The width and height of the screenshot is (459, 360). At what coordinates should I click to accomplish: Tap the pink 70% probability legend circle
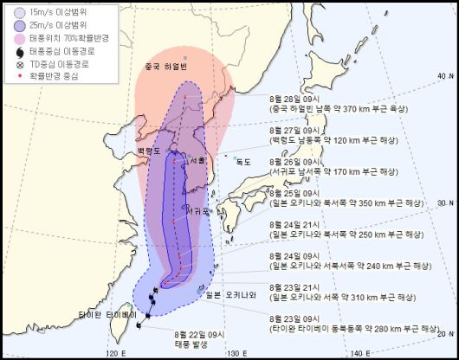19,40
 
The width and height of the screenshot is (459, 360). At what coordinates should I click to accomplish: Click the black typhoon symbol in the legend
19,51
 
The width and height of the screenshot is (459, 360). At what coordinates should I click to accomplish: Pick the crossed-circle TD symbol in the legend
19,63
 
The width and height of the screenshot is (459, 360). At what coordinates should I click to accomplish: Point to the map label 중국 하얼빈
166,67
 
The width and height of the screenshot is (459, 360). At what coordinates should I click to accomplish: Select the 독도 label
243,161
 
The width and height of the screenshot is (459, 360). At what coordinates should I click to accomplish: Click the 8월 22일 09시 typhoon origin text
199,333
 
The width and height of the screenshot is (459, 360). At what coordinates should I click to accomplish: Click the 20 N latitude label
443,332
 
